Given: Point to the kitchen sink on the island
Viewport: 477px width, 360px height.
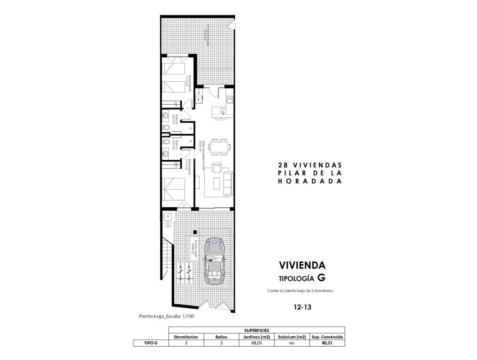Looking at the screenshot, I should click(x=223, y=111).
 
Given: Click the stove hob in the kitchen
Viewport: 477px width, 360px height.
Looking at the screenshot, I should click(x=229, y=99).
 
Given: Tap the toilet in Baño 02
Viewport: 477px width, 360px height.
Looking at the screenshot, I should click(x=166, y=128).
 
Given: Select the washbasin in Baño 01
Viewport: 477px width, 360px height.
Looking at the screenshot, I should click(x=165, y=142).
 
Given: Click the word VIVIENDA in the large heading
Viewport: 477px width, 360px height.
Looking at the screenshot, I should click(x=302, y=265).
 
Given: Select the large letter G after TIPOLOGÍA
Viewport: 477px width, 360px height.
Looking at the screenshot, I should click(x=321, y=278).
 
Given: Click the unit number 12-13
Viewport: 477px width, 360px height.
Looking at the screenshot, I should click(x=302, y=307).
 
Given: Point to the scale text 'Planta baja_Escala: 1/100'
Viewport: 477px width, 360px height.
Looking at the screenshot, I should click(x=167, y=316).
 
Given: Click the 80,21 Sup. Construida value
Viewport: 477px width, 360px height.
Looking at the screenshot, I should click(x=327, y=343).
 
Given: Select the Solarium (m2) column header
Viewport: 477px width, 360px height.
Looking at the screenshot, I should click(x=292, y=337).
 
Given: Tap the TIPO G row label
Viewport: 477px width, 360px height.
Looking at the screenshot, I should click(x=151, y=343).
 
